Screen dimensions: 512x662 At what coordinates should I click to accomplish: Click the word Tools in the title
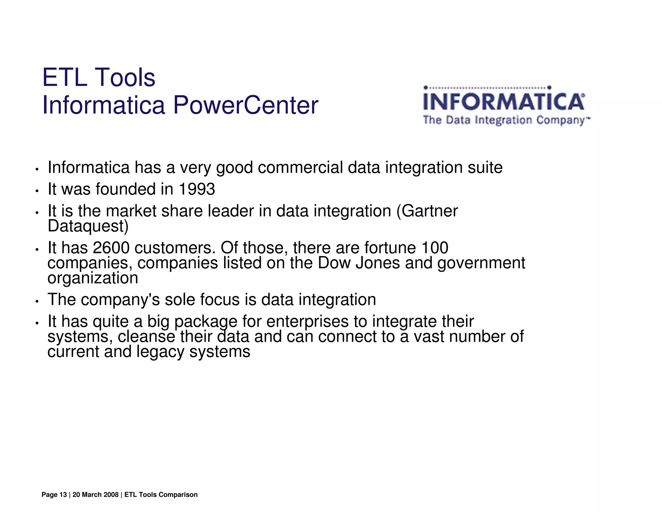click(x=126, y=78)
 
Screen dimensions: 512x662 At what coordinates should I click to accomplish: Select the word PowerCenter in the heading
click(x=246, y=105)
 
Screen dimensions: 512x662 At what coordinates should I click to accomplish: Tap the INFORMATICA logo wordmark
click(x=504, y=102)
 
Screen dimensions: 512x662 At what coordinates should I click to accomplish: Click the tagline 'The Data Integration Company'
click(x=506, y=120)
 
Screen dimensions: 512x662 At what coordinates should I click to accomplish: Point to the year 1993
click(x=197, y=189)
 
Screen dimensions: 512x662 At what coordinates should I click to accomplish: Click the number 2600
click(x=111, y=248)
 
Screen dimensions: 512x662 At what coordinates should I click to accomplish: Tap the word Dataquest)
click(x=88, y=226)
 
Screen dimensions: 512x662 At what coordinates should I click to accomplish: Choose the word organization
click(x=93, y=278)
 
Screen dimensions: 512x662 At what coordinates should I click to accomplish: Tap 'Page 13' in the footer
click(x=54, y=495)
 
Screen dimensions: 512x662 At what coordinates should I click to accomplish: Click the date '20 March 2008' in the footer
click(x=96, y=495)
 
